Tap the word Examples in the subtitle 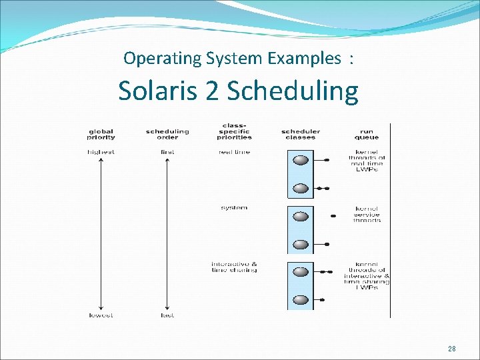pos(304,59)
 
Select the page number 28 pos(452,349)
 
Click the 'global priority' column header pos(101,134)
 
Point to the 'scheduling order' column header pos(167,134)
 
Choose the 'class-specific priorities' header pos(234,131)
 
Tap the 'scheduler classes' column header pos(300,134)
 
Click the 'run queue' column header pos(367,134)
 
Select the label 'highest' pos(101,152)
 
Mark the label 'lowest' pos(101,315)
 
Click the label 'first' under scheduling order pos(167,152)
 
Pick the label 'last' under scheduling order pos(167,315)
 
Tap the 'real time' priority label pos(234,152)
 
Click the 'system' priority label pos(234,208)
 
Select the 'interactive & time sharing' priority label pos(234,267)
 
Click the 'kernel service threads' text pos(367,215)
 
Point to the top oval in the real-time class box pos(301,160)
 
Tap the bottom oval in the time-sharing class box pos(301,299)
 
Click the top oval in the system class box pos(301,216)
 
